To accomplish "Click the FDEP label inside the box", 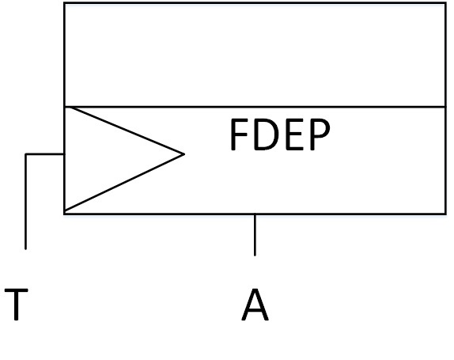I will pyautogui.click(x=279, y=137).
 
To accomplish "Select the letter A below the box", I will pyautogui.click(x=255, y=305).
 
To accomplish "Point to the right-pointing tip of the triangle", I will pyautogui.click(x=183, y=153).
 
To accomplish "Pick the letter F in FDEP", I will pyautogui.click(x=239, y=137).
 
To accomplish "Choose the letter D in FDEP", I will pyautogui.click(x=266, y=137).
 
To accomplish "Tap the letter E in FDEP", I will pyautogui.click(x=293, y=137).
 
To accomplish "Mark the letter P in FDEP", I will pyautogui.click(x=318, y=137).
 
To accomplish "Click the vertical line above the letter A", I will pyautogui.click(x=255, y=235).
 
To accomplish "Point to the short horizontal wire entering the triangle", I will pyautogui.click(x=45, y=154).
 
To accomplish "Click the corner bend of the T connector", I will pyautogui.click(x=26, y=154).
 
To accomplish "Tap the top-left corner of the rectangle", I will pyautogui.click(x=64, y=3).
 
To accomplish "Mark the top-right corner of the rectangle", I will pyautogui.click(x=446, y=3).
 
